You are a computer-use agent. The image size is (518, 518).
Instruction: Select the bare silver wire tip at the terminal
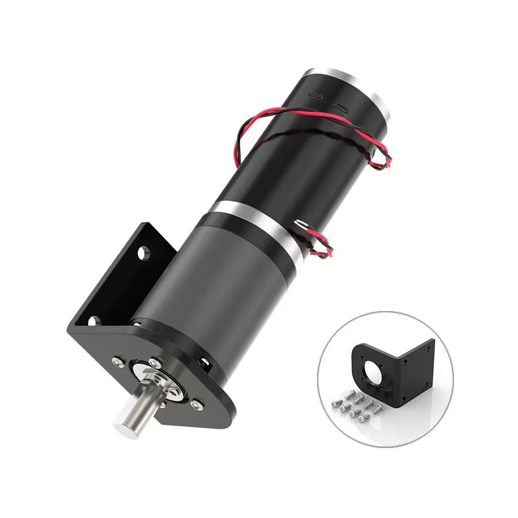click(299, 223)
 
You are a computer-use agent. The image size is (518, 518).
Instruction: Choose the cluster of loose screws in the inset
click(353, 405)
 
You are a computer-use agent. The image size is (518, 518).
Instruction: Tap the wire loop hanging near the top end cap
click(379, 155)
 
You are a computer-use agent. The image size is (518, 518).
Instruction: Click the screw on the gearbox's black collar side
click(206, 365)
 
